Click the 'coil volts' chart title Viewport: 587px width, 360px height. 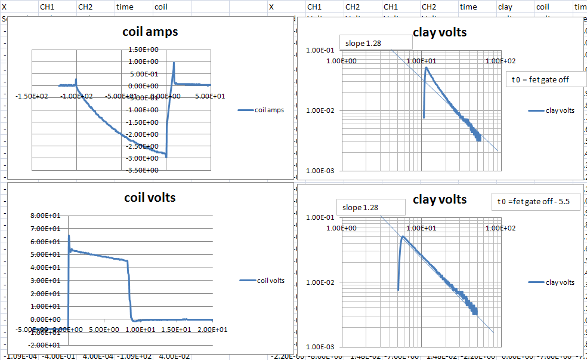click(150, 197)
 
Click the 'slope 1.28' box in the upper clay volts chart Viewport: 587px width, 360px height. click(376, 42)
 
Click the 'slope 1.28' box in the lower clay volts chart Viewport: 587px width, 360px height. click(370, 207)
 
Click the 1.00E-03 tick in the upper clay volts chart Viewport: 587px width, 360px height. click(321, 171)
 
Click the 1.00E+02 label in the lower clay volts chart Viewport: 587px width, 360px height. click(500, 228)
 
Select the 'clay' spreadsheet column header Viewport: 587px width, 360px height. click(505, 7)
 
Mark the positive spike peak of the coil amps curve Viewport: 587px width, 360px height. click(174, 62)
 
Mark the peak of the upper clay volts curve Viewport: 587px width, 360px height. click(426, 67)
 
